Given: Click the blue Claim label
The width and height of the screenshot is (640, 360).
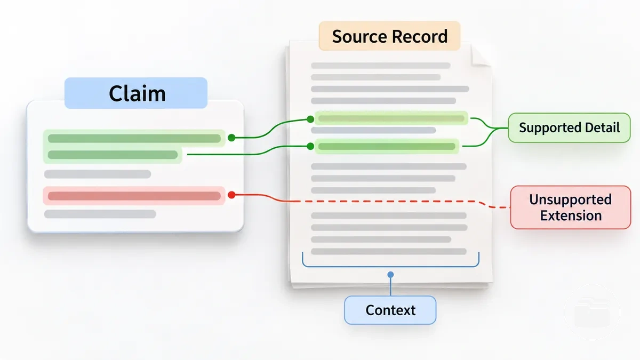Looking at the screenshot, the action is click(x=136, y=93).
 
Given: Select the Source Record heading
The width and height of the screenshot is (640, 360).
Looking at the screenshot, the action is click(x=390, y=36).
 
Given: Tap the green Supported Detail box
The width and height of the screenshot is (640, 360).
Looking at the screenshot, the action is click(x=569, y=127).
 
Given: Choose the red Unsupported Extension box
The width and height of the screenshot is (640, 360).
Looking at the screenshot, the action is click(x=571, y=207).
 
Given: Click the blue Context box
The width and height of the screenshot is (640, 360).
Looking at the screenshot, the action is click(x=390, y=310).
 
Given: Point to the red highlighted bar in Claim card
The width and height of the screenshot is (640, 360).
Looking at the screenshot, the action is click(x=134, y=196).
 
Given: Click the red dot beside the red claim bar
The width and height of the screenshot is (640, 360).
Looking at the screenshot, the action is click(x=231, y=195).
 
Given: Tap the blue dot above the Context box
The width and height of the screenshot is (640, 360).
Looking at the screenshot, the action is click(x=390, y=275).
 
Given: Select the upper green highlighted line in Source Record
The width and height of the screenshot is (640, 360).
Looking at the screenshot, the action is click(x=391, y=118).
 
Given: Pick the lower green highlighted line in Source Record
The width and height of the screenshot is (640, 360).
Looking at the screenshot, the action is click(x=387, y=147).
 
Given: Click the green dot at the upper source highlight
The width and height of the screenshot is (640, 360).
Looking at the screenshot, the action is click(x=310, y=119).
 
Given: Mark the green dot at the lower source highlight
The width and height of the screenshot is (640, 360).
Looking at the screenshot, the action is click(x=310, y=146).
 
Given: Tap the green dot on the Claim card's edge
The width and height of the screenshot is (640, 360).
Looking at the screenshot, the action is click(x=231, y=138).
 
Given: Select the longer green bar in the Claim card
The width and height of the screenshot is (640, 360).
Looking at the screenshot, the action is click(x=134, y=139).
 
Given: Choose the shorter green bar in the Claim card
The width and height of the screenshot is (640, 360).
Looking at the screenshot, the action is click(x=113, y=155).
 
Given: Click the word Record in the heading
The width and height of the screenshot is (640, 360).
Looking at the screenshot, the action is click(x=419, y=36).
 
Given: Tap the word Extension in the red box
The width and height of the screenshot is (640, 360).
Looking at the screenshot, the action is click(x=571, y=215).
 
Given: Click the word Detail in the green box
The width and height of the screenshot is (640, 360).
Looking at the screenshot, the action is click(x=602, y=127).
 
